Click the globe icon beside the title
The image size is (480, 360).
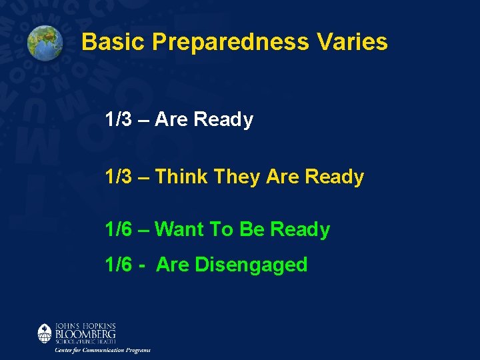click(x=45, y=42)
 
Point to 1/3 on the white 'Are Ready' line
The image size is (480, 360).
click(x=119, y=120)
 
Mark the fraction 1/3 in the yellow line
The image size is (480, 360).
click(x=119, y=177)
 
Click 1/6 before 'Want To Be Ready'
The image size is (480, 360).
click(x=119, y=230)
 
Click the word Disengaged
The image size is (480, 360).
click(x=251, y=265)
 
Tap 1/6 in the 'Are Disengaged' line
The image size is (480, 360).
click(x=119, y=265)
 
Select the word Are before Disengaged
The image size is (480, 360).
click(x=173, y=265)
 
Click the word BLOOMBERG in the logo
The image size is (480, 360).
click(x=85, y=333)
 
